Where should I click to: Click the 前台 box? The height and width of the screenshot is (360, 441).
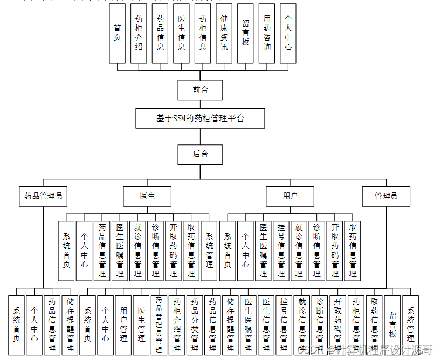(x=200, y=90)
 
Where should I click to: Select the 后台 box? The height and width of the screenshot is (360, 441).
(x=200, y=154)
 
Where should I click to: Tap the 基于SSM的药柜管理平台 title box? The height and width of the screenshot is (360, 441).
(x=200, y=119)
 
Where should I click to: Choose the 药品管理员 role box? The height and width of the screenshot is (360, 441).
(x=43, y=196)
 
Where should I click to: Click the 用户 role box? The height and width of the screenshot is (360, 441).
(x=290, y=196)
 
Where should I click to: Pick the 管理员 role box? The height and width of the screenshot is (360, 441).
(x=386, y=196)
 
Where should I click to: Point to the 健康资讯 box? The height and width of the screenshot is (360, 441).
(x=224, y=33)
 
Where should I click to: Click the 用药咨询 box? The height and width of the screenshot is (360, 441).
(x=267, y=33)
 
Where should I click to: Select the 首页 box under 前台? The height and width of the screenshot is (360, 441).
(x=117, y=33)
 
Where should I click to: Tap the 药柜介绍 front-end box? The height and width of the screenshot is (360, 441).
(x=139, y=33)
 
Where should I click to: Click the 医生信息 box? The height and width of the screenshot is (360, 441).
(x=182, y=33)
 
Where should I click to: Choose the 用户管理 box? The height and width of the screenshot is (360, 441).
(x=123, y=325)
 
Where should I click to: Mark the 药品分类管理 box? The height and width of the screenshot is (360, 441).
(x=195, y=325)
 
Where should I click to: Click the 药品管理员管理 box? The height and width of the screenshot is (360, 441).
(x=159, y=325)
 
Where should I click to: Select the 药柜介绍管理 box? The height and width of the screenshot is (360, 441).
(x=177, y=325)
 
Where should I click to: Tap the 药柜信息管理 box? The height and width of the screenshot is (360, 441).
(x=356, y=325)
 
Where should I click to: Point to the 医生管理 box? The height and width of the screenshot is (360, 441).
(x=141, y=325)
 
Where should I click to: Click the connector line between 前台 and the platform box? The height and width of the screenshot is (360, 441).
(x=200, y=105)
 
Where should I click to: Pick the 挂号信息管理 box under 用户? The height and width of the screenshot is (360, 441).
(x=281, y=251)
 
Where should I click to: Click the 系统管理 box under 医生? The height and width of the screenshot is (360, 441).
(x=209, y=251)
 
